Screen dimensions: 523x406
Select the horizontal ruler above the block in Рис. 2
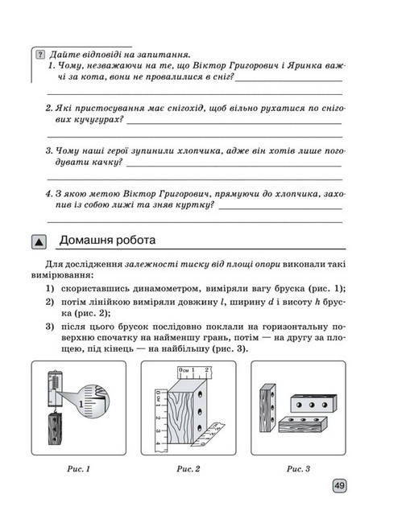click(x=194, y=373)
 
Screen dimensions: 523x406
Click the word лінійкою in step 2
click(x=111, y=302)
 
